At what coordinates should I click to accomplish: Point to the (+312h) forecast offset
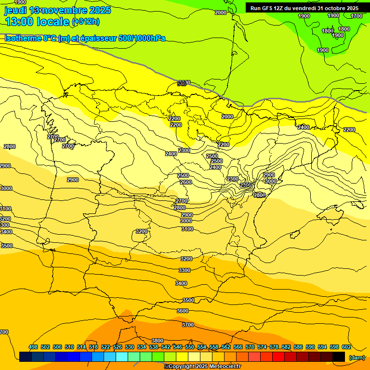86,22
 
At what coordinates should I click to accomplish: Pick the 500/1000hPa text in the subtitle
141,38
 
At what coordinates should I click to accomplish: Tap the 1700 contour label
357,16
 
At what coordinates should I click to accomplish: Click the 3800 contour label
158,341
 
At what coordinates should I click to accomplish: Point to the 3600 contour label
183,311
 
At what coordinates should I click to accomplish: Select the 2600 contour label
185,182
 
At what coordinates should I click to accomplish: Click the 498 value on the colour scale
33,347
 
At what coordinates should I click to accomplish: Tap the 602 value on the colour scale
346,347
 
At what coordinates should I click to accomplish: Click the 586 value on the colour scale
298,347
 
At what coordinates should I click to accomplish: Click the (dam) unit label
357,357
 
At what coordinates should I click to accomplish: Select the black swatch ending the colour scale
339,357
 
